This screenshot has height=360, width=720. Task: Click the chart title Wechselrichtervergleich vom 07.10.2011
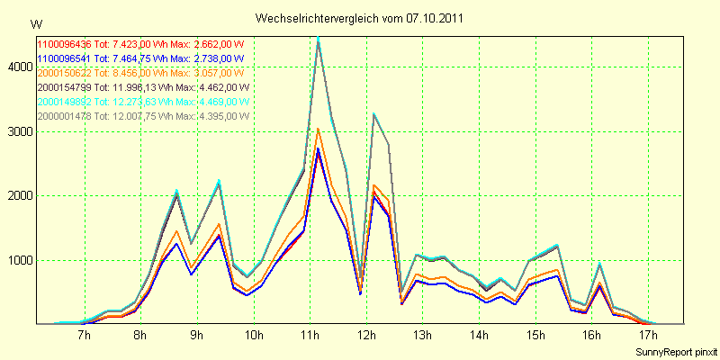tap(360, 18)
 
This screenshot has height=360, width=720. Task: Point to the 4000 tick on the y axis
tap(16, 67)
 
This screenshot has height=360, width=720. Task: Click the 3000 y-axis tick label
tap(16, 131)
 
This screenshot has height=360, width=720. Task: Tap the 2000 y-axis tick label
tap(16, 195)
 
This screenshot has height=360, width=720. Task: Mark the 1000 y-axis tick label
tap(16, 260)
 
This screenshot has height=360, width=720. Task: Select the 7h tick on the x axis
tap(85, 336)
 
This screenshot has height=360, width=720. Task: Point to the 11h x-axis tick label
tap(310, 336)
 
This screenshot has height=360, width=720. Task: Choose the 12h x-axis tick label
tap(367, 336)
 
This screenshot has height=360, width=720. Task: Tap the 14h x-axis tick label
tap(480, 336)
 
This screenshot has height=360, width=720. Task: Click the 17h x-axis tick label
tap(648, 336)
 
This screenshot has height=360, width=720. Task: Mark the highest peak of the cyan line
tap(318, 38)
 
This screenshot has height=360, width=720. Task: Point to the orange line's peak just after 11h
tap(318, 129)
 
